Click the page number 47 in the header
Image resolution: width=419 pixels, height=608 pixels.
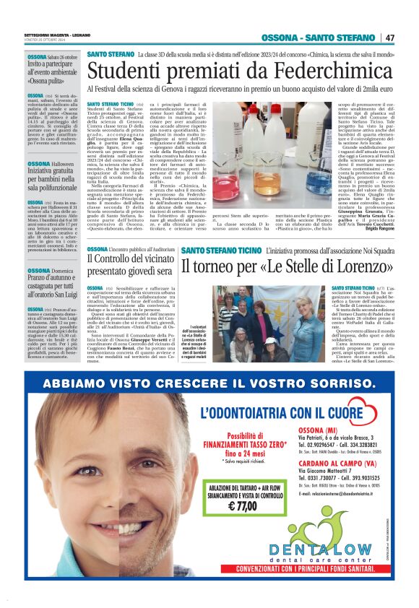389,38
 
